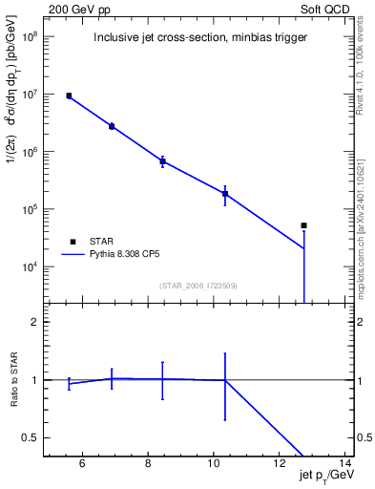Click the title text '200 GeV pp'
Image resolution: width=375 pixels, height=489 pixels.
click(75, 9)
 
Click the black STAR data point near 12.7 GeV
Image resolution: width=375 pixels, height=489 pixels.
click(303, 225)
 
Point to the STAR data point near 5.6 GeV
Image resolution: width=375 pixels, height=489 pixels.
click(69, 96)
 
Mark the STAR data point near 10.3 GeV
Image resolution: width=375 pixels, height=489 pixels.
click(225, 194)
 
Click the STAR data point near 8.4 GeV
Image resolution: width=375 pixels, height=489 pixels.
click(163, 161)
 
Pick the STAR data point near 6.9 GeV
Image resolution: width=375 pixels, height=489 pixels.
click(112, 126)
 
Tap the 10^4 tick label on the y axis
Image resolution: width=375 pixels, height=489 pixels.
click(31, 267)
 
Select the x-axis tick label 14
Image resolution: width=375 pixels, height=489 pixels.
click(344, 465)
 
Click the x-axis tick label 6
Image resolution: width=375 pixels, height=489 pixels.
click(82, 465)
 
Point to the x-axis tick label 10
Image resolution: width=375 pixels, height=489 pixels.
click(213, 465)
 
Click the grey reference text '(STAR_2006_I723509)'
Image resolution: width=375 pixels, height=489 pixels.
click(198, 286)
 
